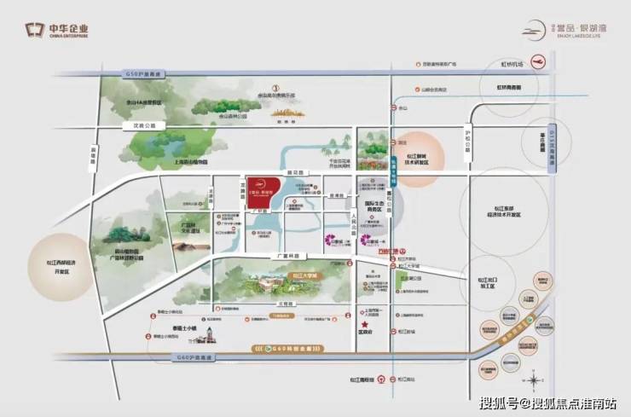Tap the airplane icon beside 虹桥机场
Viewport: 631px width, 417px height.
pos(536,62)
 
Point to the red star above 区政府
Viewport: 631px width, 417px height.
pos(365,324)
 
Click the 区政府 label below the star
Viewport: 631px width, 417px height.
pos(365,333)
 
